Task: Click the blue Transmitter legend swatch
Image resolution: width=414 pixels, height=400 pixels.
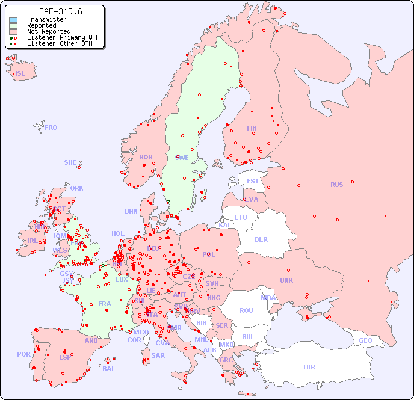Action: (13, 20)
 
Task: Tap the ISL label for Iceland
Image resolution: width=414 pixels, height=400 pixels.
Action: (20, 74)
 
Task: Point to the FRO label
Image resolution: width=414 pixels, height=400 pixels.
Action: (51, 128)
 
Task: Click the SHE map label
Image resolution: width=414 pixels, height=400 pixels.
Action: (70, 162)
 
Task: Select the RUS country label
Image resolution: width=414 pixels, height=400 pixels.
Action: (336, 185)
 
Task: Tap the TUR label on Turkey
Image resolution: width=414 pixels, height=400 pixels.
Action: (309, 367)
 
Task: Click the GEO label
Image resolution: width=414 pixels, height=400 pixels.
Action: (365, 340)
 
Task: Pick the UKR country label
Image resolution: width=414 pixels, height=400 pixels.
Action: (286, 280)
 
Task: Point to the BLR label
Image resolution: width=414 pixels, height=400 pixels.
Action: (261, 239)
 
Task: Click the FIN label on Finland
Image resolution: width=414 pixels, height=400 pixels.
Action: (252, 128)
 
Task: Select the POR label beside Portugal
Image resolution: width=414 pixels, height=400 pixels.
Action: (23, 354)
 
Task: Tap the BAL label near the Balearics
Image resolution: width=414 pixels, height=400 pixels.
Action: (109, 369)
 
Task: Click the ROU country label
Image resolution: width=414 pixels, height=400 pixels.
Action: (246, 310)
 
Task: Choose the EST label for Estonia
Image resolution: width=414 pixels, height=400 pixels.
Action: (253, 181)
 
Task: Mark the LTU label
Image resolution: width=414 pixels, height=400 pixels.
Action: (241, 217)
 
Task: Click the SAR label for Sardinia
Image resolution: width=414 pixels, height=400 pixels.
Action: (158, 355)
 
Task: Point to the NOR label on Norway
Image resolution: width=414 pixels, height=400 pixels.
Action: (146, 157)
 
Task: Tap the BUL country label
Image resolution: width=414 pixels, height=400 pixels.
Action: (248, 337)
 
